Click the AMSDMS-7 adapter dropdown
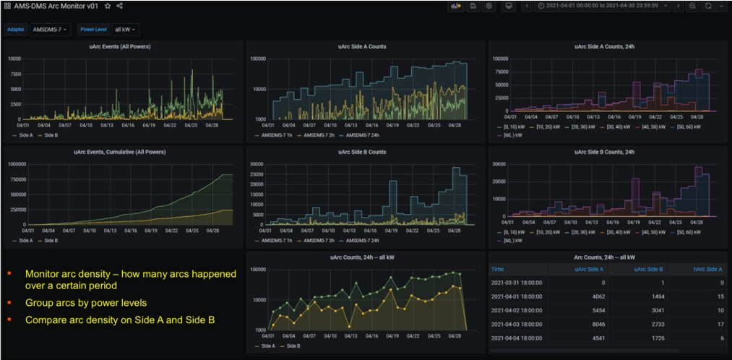click(51, 30)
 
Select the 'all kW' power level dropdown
click(126, 30)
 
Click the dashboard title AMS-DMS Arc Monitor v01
click(56, 6)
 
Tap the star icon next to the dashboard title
click(108, 6)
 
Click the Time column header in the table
click(498, 269)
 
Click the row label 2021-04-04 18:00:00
click(517, 338)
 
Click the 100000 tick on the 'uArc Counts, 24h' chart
click(254, 270)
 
